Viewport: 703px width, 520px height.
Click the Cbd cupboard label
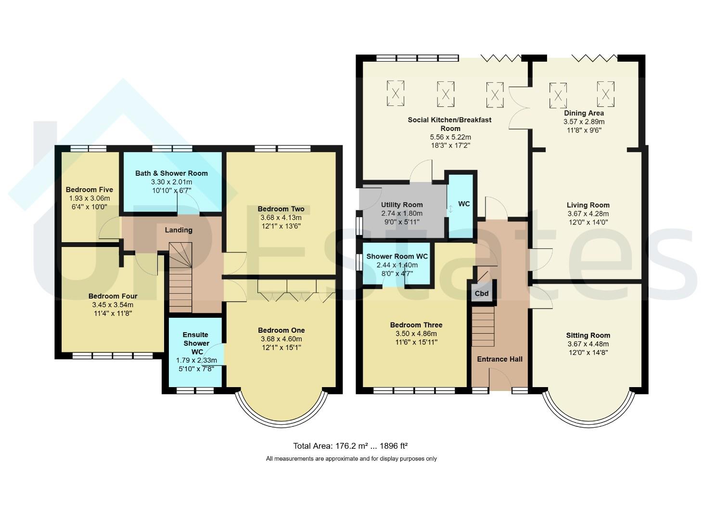coord(482,294)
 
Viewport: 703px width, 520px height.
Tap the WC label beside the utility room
coord(464,204)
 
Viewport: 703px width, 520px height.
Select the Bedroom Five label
coord(89,190)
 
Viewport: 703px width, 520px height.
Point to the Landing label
coord(179,230)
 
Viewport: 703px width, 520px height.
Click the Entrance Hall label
coord(499,359)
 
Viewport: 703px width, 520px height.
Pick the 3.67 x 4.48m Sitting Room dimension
coord(588,344)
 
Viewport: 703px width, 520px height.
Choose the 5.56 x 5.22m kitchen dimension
coord(450,137)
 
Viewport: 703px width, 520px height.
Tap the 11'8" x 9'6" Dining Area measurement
coord(584,130)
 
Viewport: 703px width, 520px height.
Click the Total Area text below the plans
coord(350,446)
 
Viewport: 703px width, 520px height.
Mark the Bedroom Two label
coord(281,209)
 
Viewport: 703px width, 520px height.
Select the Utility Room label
coord(402,205)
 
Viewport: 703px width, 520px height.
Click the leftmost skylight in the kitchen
coord(395,93)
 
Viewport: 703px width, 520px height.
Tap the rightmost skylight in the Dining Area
coord(605,94)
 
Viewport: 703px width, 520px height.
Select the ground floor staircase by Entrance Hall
coord(483,326)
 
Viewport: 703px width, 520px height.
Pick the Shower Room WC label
coord(397,256)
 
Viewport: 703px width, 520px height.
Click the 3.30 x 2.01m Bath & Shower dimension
coord(171,182)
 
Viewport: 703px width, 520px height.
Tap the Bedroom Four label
coord(113,296)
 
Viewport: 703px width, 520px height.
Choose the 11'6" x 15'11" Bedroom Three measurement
coord(416,342)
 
